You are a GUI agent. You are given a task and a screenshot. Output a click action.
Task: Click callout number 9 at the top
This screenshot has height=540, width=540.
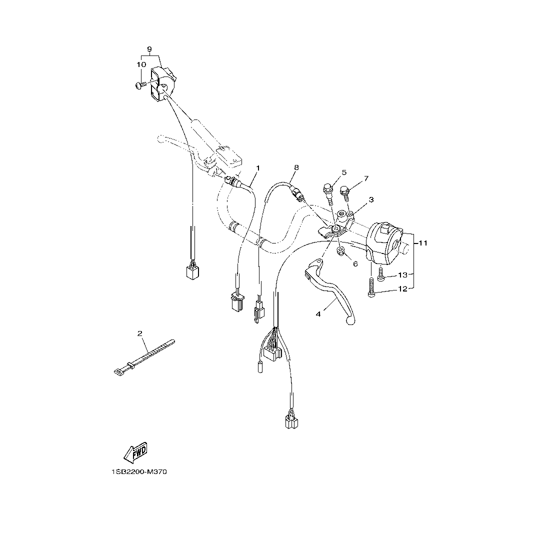[x=149, y=48]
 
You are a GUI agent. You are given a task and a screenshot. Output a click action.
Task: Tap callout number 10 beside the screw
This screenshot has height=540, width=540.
[x=141, y=64]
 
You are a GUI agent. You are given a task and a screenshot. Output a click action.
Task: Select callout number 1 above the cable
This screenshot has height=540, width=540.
[x=258, y=167]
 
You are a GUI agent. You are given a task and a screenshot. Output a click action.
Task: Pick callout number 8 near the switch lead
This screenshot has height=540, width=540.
[x=296, y=167]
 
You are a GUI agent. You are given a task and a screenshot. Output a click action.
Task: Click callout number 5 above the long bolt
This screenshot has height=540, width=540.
[x=344, y=172]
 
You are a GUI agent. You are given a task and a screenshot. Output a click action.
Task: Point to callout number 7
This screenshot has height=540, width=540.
[x=366, y=178]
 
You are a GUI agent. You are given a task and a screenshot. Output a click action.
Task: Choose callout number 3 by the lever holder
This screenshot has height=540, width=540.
[x=371, y=199]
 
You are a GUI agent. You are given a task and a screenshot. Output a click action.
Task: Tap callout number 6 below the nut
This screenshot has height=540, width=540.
[x=355, y=264]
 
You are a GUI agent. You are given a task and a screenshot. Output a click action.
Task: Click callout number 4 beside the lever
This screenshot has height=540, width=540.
[x=318, y=314]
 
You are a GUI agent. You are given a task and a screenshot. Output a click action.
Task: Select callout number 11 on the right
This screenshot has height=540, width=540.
[x=423, y=243]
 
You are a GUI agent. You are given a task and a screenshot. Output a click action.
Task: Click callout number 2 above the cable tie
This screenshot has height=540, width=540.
[x=139, y=333]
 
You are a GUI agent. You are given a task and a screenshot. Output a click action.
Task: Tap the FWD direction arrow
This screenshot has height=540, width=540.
[x=135, y=452]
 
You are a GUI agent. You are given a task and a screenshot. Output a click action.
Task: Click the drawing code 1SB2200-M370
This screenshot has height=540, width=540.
[x=139, y=472]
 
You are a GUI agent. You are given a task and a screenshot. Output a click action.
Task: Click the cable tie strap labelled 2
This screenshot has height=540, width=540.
[x=144, y=357]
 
